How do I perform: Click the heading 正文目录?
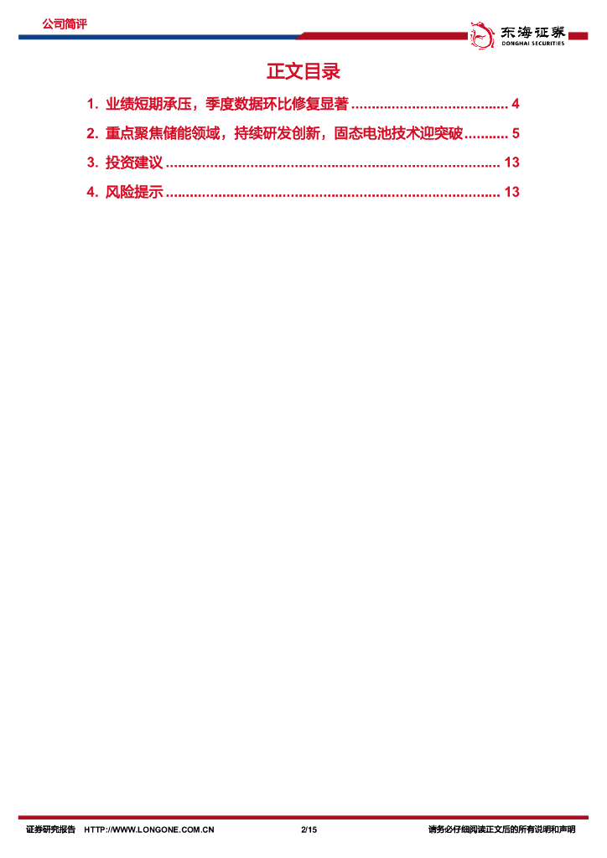point(303,72)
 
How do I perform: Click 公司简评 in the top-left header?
point(64,24)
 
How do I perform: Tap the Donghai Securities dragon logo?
point(481,34)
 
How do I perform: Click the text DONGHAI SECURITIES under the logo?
point(532,44)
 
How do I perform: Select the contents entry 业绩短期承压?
point(150,105)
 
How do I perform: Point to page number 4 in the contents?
point(516,105)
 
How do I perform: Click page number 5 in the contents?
point(516,134)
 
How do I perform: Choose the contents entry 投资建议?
point(133,163)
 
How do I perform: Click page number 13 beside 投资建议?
point(512,163)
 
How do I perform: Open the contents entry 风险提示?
point(133,192)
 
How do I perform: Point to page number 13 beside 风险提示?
point(512,192)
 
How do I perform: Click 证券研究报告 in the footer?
point(50,830)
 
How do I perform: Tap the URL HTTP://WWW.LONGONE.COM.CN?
point(150,830)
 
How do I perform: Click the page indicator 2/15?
point(309,830)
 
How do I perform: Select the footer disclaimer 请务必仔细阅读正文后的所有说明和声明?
point(501,830)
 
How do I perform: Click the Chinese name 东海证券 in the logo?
point(532,32)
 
